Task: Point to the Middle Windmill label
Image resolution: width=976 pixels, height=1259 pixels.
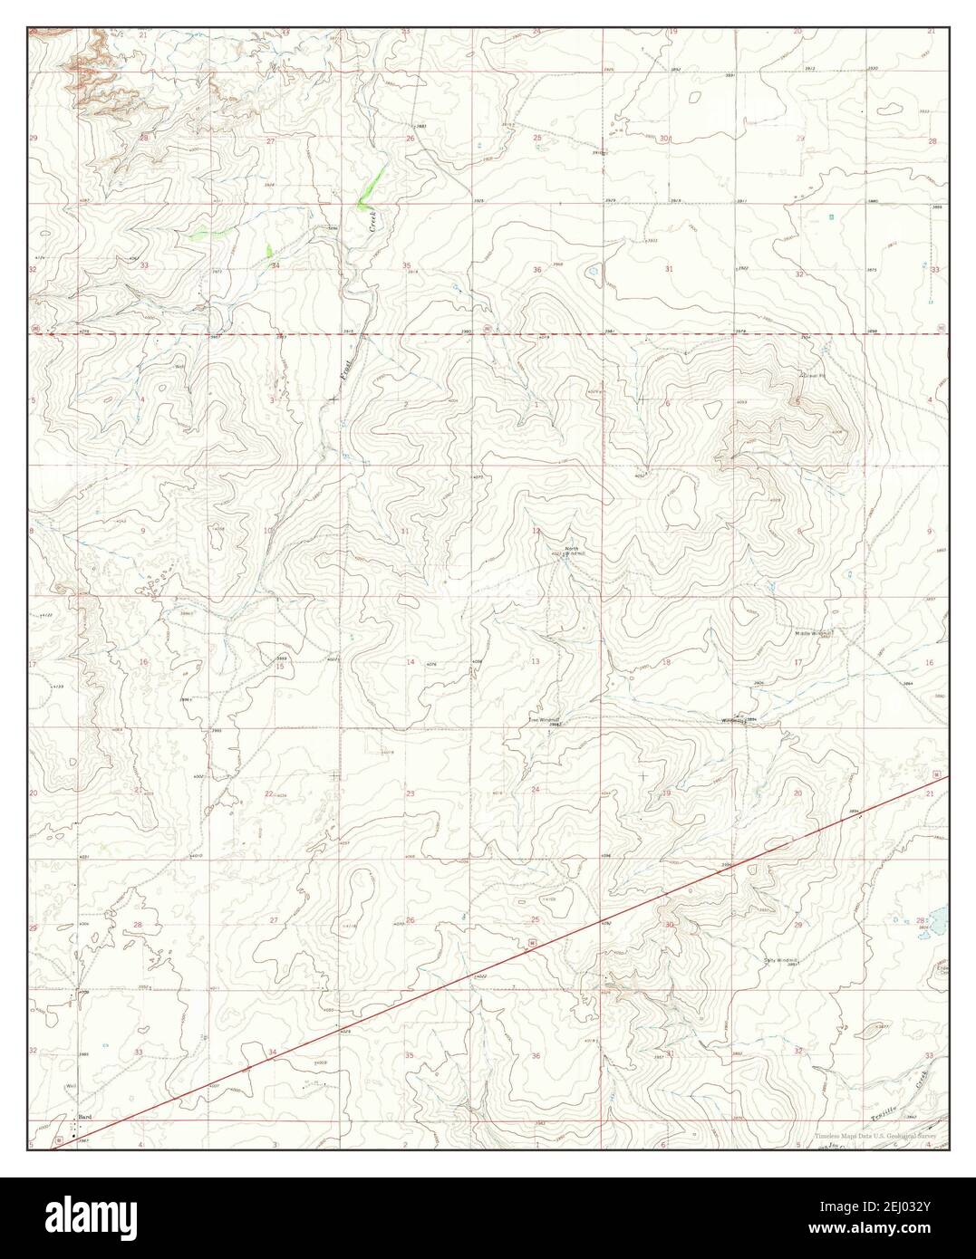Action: click(814, 633)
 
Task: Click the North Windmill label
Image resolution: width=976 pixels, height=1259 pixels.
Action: click(571, 551)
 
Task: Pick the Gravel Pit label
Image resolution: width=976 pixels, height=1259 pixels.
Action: click(813, 374)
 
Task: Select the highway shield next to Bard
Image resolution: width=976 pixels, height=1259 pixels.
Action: click(60, 1139)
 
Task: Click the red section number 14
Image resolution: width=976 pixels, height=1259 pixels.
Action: click(411, 662)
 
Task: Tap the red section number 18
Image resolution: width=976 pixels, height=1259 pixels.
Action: click(667, 662)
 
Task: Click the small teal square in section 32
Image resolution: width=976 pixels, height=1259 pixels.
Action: click(831, 217)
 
